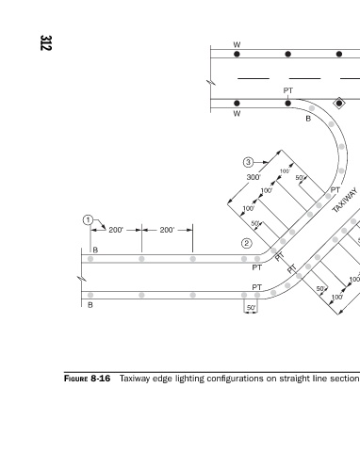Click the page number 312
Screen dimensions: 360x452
[x=46, y=42]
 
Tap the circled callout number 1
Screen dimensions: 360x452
[x=88, y=220]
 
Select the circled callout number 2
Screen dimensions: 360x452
[x=247, y=243]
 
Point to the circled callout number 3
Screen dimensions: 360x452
[x=248, y=162]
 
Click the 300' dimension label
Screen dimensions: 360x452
[x=254, y=177]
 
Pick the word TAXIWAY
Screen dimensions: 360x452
[x=345, y=201]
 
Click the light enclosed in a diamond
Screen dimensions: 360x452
[x=339, y=103]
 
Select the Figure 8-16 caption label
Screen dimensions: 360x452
[x=87, y=379]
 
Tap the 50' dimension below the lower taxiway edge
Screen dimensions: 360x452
[x=251, y=308]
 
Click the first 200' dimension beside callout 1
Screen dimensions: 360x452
[x=116, y=230]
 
